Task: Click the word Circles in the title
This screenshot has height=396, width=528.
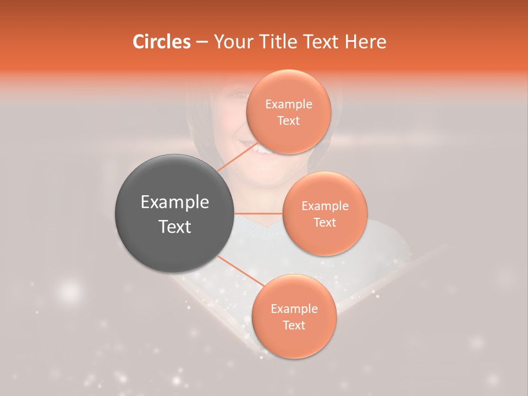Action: [x=161, y=42]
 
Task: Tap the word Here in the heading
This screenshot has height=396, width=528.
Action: [x=366, y=42]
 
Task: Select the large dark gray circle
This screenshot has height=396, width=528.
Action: [x=174, y=213]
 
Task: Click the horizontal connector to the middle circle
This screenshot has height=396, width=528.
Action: [x=258, y=213]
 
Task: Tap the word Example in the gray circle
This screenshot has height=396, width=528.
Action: [x=174, y=202]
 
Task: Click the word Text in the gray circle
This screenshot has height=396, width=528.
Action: [x=174, y=227]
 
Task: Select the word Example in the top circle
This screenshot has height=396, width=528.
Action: [x=289, y=105]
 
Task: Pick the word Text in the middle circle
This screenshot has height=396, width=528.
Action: [x=324, y=222]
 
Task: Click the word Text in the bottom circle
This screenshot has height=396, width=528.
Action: [x=294, y=325]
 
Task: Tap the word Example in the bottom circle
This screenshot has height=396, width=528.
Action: [x=294, y=309]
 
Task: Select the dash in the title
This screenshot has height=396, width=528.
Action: [x=201, y=42]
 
